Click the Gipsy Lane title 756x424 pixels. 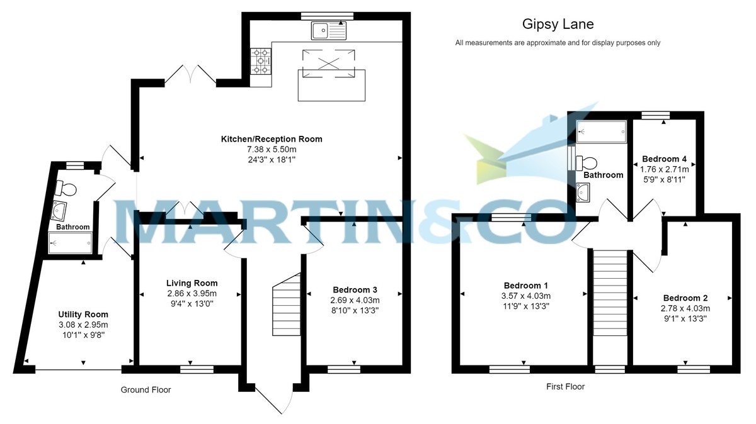[x=558, y=25]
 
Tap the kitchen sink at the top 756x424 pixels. [x=329, y=31]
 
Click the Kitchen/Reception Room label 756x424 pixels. [x=272, y=139]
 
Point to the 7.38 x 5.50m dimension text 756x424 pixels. [x=272, y=149]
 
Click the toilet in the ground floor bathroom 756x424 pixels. [x=66, y=188]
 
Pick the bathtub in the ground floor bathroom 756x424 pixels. [x=70, y=243]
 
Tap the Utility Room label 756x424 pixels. [x=83, y=315]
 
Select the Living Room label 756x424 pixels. [x=192, y=283]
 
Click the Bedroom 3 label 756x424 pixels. [x=355, y=290]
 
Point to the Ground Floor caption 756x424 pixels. [x=146, y=390]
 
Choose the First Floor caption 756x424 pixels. [x=565, y=387]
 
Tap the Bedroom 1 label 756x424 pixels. [x=526, y=286]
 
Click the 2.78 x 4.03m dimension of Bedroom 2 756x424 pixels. [x=685, y=308]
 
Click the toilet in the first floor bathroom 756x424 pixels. [x=586, y=163]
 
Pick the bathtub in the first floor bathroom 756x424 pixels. [x=602, y=131]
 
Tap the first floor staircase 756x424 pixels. [x=610, y=293]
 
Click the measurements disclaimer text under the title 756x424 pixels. [x=558, y=43]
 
